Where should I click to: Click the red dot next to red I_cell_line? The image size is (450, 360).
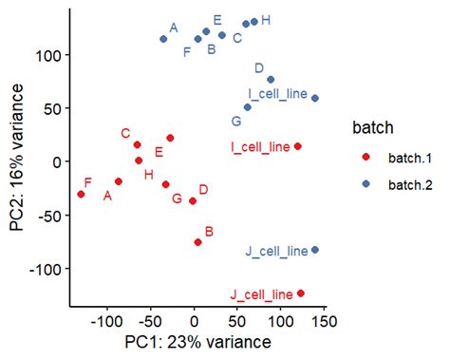pos(297,146)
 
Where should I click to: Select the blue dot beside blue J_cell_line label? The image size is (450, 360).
pos(315,250)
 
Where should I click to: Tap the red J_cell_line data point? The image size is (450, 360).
pos(301,294)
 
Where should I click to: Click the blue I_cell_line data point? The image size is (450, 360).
pos(315,98)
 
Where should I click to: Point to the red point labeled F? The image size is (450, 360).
pos(81,194)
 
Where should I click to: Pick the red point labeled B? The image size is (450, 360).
pos(197,242)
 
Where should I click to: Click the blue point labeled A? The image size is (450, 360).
pos(163,39)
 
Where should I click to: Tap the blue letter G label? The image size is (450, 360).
pos(235,121)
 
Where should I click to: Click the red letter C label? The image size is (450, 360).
pos(125,133)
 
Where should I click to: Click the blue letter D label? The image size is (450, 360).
pos(258,67)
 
